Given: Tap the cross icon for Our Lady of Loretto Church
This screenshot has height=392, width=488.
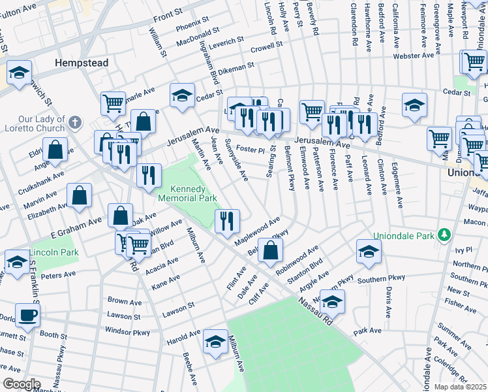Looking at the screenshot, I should click(x=76, y=122).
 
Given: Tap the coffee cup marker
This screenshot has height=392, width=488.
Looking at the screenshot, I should click(x=27, y=315).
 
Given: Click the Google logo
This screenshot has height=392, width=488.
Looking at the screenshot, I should click(x=21, y=384).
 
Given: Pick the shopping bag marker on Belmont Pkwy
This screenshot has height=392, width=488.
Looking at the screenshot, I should click(x=271, y=250).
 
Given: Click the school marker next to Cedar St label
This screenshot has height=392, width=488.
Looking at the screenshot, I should click(x=183, y=95).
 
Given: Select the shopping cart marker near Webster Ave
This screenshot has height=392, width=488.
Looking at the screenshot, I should click(x=474, y=62).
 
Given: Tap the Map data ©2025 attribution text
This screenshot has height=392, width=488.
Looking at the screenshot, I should click(x=461, y=387).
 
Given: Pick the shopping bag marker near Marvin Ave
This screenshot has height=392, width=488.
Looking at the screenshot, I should click(x=79, y=195).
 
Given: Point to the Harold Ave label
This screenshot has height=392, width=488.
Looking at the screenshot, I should click(x=183, y=337).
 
